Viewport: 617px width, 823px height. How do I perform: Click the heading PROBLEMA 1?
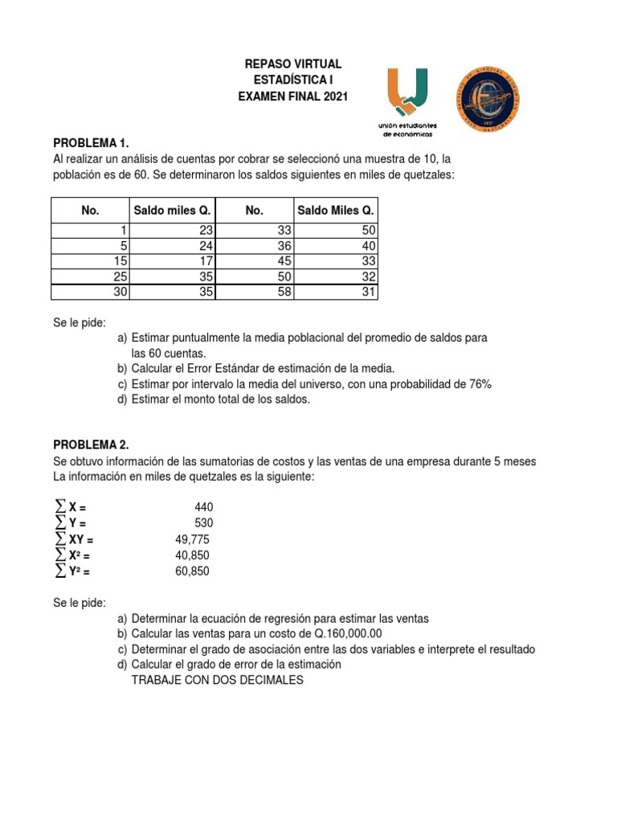coord(91,143)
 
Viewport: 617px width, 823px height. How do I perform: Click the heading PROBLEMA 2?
coord(91,444)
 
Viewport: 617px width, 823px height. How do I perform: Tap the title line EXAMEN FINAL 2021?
coord(293,96)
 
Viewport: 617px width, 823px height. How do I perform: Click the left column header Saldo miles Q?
coord(172,211)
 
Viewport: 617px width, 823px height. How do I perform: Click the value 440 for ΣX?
coord(203,507)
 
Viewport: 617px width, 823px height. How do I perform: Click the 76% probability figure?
coord(480,384)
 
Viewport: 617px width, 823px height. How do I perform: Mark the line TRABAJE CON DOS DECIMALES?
coord(217,680)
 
